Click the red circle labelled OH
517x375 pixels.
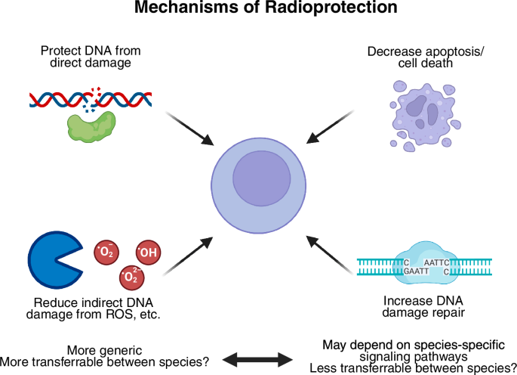pos(148,253)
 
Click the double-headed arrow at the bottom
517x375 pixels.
pos(258,358)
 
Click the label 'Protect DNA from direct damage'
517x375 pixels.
pos(91,57)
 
